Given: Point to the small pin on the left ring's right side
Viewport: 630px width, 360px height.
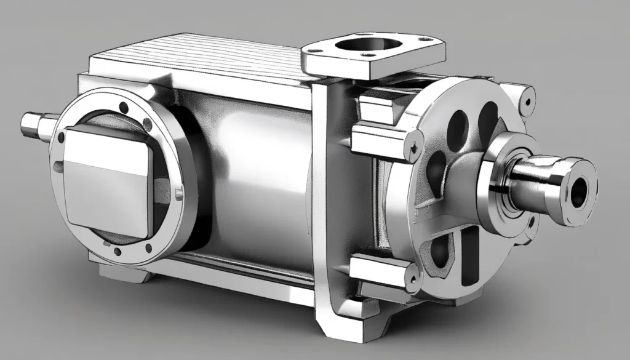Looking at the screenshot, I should click(x=179, y=194).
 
